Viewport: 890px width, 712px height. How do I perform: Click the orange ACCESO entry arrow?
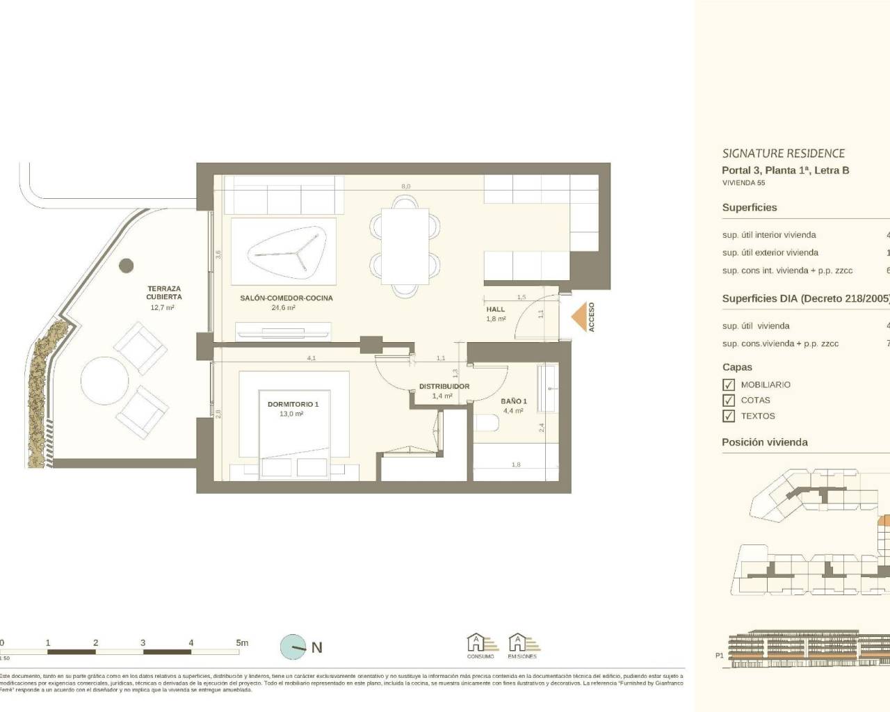coord(578,318)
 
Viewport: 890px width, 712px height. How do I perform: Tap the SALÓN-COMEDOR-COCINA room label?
coord(286,298)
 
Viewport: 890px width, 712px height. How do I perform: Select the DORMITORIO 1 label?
coord(293,404)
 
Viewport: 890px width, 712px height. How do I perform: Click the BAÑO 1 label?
coord(514,401)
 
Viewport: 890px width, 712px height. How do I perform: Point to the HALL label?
coord(496,309)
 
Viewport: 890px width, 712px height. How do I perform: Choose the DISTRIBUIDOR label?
coord(444,387)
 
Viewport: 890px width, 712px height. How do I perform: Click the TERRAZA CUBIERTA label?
coord(164,293)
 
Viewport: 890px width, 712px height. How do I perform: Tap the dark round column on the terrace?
coord(126,266)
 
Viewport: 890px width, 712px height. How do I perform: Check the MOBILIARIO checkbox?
coord(729,385)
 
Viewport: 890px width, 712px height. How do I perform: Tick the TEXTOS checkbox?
coord(729,416)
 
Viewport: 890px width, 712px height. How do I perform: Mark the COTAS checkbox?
coord(729,400)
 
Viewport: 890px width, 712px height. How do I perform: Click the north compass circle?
coord(293,647)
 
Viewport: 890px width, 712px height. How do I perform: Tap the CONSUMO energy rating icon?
coord(480,645)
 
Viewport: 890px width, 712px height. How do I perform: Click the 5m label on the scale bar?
coord(242,642)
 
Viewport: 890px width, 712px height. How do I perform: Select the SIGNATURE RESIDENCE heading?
coord(783,154)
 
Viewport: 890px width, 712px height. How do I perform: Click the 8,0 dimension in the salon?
coord(405,186)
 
